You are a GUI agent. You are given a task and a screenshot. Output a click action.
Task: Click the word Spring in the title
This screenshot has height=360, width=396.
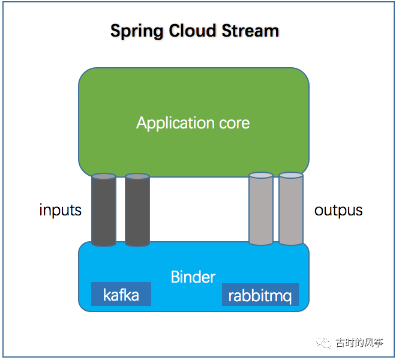point(137,31)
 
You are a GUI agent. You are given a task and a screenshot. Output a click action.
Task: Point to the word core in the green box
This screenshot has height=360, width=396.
point(233,124)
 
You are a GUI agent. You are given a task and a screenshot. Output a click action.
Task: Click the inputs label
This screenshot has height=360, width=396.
point(60,210)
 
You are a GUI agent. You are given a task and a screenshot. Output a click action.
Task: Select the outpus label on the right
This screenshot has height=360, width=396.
point(338,210)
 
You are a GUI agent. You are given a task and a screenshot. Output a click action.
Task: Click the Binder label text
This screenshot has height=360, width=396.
point(193,277)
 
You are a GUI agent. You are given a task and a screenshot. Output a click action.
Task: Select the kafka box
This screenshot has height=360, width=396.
point(121,295)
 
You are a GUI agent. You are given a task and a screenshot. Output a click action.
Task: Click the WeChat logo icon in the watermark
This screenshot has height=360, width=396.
point(325,343)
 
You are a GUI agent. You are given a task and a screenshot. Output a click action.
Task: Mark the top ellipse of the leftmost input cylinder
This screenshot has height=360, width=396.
point(104,177)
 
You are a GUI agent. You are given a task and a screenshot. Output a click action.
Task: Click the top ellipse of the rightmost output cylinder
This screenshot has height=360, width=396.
point(291,175)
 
